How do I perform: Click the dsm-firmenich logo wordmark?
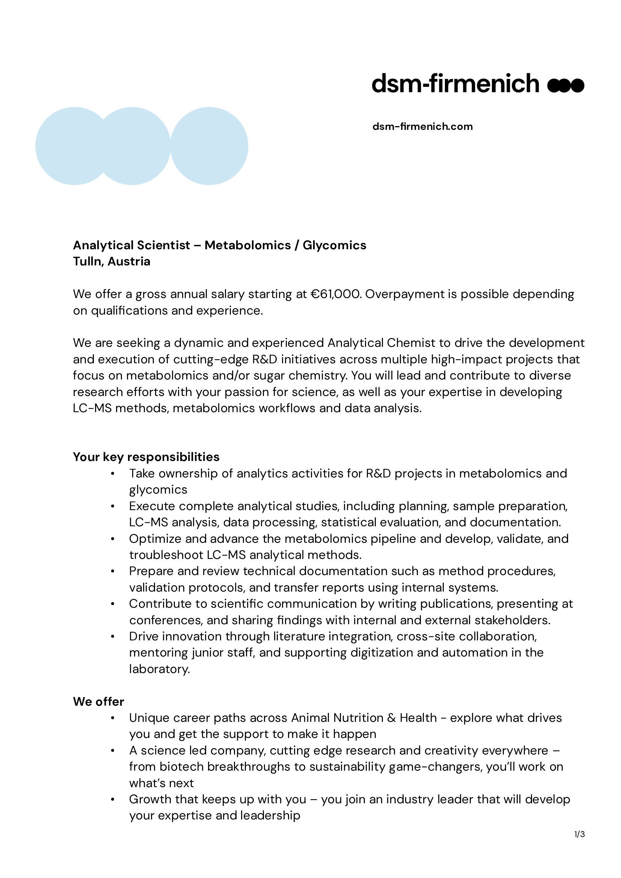(x=455, y=84)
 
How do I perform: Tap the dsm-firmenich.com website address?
(x=422, y=127)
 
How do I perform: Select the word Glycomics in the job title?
(x=334, y=245)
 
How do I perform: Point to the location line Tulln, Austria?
(x=112, y=262)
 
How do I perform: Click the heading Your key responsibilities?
(x=146, y=457)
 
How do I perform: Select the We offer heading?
(x=99, y=702)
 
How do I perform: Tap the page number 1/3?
(x=579, y=834)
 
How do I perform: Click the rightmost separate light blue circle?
(x=209, y=146)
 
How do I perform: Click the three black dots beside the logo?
(x=565, y=85)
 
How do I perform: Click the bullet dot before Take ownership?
(x=113, y=474)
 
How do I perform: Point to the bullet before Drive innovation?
(x=113, y=637)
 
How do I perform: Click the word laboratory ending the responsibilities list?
(x=160, y=669)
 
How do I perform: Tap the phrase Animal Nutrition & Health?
(x=364, y=718)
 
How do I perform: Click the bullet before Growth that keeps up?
(x=113, y=800)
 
